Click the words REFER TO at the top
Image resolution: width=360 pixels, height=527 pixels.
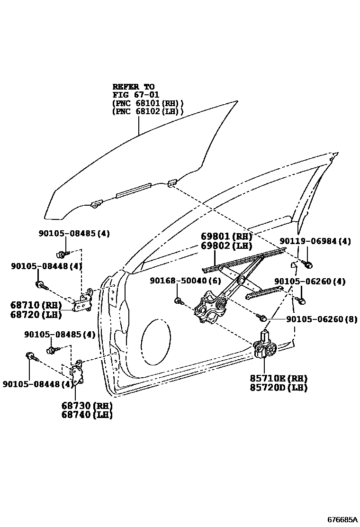133,87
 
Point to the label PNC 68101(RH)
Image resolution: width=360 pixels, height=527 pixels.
148,103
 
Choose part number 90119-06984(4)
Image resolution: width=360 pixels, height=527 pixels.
315,241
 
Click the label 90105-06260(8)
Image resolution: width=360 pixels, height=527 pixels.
322,319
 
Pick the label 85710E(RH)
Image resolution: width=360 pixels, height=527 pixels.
279,379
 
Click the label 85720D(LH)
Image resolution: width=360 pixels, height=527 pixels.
279,388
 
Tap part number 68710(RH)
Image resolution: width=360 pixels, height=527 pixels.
35,305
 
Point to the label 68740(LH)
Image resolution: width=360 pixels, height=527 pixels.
87,415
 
